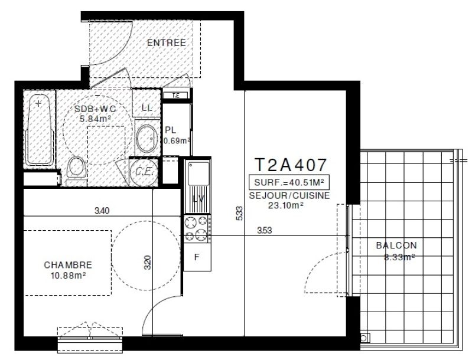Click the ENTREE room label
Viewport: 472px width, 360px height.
(166, 42)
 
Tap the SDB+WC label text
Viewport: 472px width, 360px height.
(95, 109)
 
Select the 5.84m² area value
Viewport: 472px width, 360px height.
(95, 118)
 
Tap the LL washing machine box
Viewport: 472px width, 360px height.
(147, 107)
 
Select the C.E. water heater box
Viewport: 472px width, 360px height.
(144, 172)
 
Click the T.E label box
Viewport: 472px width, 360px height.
(175, 96)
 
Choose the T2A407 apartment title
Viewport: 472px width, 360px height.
(289, 163)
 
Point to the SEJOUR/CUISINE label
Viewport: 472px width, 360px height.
(290, 195)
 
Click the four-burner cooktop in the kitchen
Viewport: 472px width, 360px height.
(197, 229)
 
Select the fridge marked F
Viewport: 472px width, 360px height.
(197, 257)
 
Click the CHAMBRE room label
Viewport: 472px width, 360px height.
(68, 265)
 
